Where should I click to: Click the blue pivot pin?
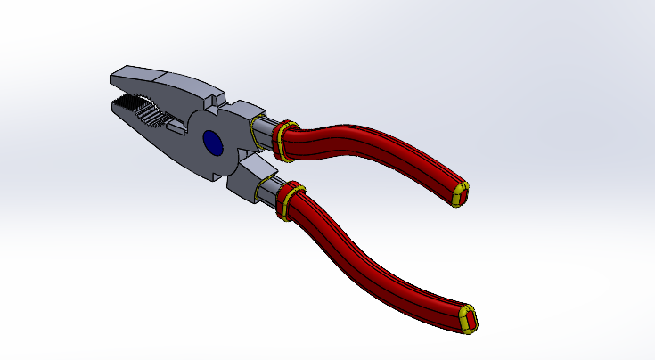tap(213, 143)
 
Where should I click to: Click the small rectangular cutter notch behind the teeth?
tap(176, 128)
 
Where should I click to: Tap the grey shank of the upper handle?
tap(266, 134)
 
